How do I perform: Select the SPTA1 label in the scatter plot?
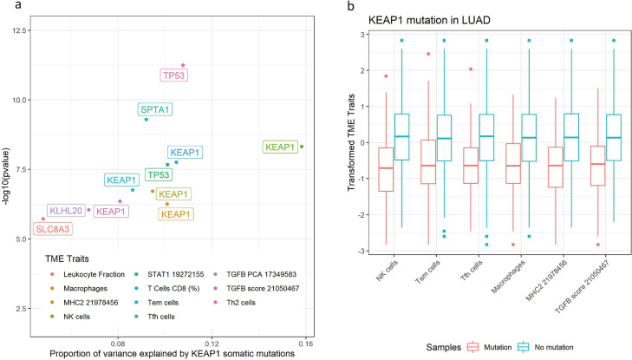155,110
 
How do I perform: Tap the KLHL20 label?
66,210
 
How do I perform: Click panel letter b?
326,8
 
